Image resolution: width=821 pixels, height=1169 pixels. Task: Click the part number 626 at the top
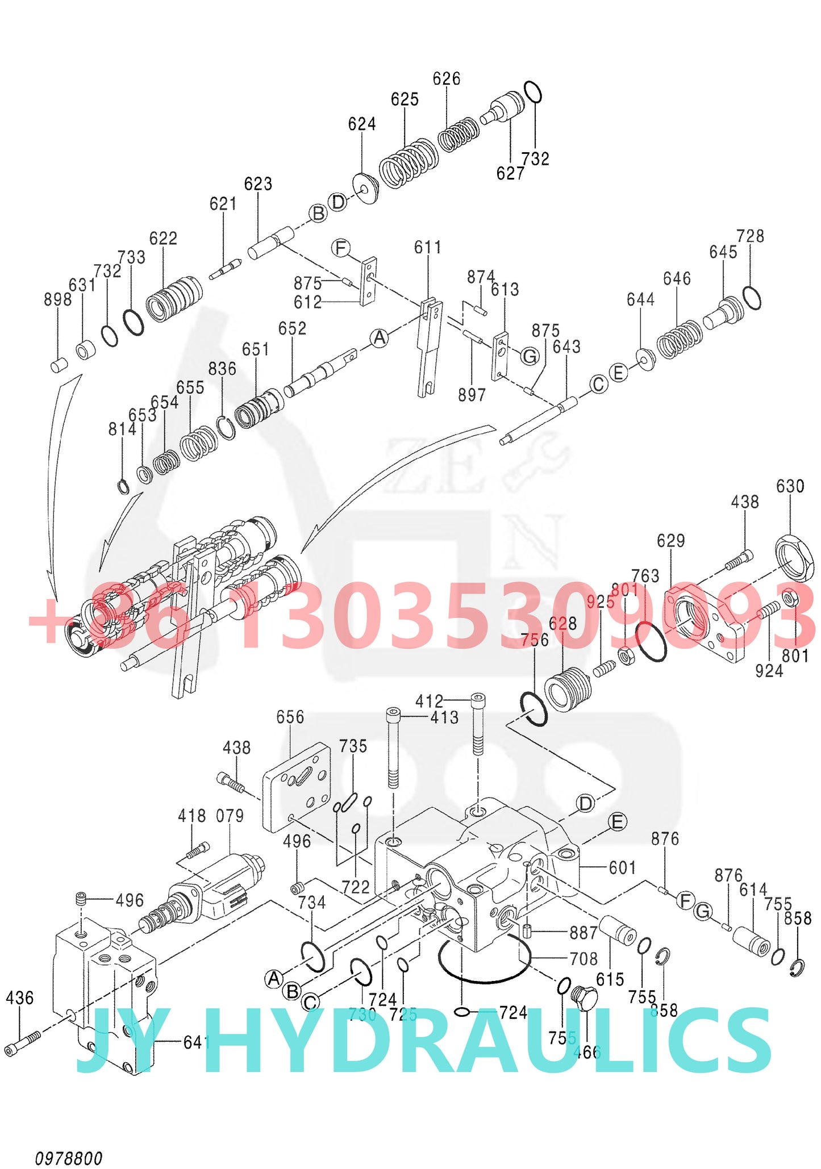tap(446, 78)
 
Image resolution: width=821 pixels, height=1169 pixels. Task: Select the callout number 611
tap(427, 247)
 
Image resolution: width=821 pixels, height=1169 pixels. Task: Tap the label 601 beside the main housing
tap(622, 867)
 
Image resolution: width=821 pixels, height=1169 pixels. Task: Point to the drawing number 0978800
tap(69, 1158)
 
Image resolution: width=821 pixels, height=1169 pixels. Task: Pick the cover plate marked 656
tap(297, 786)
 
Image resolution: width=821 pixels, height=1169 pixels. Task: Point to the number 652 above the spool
tap(292, 328)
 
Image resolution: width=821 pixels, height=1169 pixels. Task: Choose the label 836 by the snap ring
tap(222, 369)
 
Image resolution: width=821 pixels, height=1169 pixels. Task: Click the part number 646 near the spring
tap(677, 278)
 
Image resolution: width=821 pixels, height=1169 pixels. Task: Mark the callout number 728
tap(750, 236)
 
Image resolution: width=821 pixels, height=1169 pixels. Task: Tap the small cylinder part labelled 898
tap(59, 365)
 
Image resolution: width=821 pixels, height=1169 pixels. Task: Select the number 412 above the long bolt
tap(429, 701)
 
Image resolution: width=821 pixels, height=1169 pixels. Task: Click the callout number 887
tap(584, 932)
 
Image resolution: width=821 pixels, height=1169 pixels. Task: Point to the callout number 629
tap(670, 540)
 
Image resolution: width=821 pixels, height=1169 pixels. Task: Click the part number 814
tap(122, 429)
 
